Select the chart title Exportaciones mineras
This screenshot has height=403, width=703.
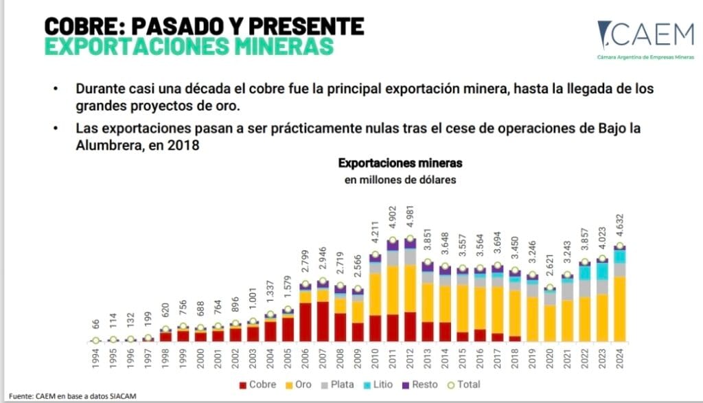tap(400, 163)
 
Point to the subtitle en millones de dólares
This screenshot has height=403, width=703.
tap(400, 180)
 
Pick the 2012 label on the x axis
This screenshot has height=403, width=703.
tap(410, 356)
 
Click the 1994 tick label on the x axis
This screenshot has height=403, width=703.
tap(96, 356)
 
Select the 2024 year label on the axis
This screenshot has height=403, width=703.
tap(619, 356)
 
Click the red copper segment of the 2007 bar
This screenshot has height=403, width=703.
tap(323, 321)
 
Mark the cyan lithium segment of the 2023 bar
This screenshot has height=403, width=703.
tap(602, 270)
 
